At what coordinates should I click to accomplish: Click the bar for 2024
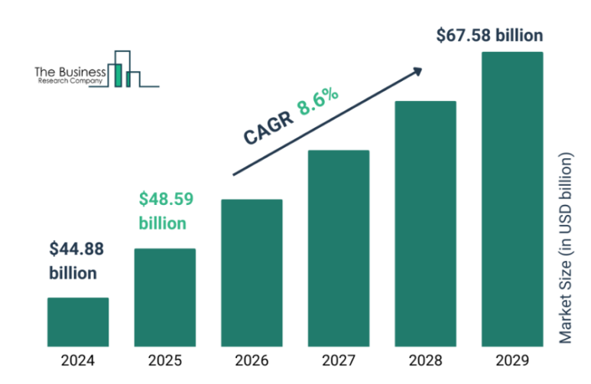(78, 321)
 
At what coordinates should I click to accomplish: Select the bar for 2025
(165, 297)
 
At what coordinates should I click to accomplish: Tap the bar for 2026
(252, 272)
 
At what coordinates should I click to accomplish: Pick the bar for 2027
(339, 248)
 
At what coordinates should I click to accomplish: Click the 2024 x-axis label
(78, 360)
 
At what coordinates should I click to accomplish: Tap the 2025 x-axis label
(165, 360)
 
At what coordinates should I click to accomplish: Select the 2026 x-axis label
(252, 360)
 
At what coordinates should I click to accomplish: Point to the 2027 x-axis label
(339, 360)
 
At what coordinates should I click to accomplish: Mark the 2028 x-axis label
(425, 360)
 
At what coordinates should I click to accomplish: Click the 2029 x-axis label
(512, 360)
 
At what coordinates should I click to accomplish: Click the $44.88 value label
(76, 249)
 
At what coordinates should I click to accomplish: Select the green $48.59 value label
(165, 200)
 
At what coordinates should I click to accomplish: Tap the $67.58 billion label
(489, 35)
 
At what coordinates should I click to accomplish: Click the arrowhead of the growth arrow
(417, 70)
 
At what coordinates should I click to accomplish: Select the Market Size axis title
(566, 249)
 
